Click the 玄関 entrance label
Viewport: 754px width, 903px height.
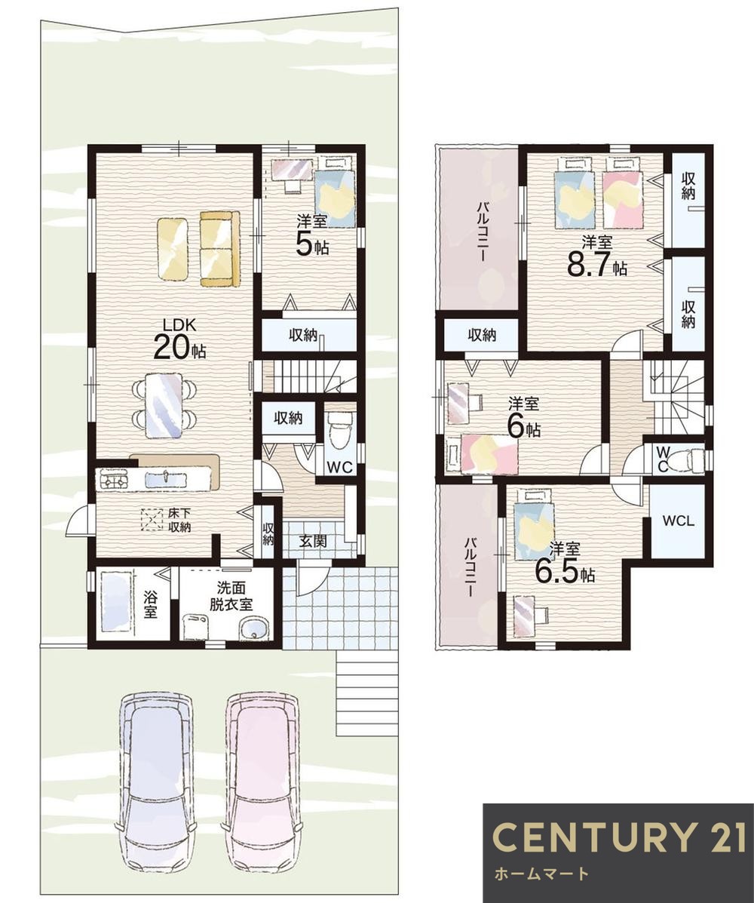pyautogui.click(x=313, y=541)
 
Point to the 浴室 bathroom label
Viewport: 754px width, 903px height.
pyautogui.click(x=150, y=603)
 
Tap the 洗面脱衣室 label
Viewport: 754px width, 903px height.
pyautogui.click(x=231, y=596)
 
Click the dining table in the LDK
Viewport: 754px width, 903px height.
pyautogui.click(x=164, y=405)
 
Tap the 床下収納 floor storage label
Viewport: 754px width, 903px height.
pyautogui.click(x=179, y=520)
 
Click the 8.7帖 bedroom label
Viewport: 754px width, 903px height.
pyautogui.click(x=597, y=256)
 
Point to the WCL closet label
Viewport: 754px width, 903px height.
pyautogui.click(x=679, y=521)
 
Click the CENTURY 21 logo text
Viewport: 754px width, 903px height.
pyautogui.click(x=619, y=837)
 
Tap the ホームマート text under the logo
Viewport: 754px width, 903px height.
pyautogui.click(x=541, y=874)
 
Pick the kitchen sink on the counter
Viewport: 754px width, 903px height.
pyautogui.click(x=165, y=479)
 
